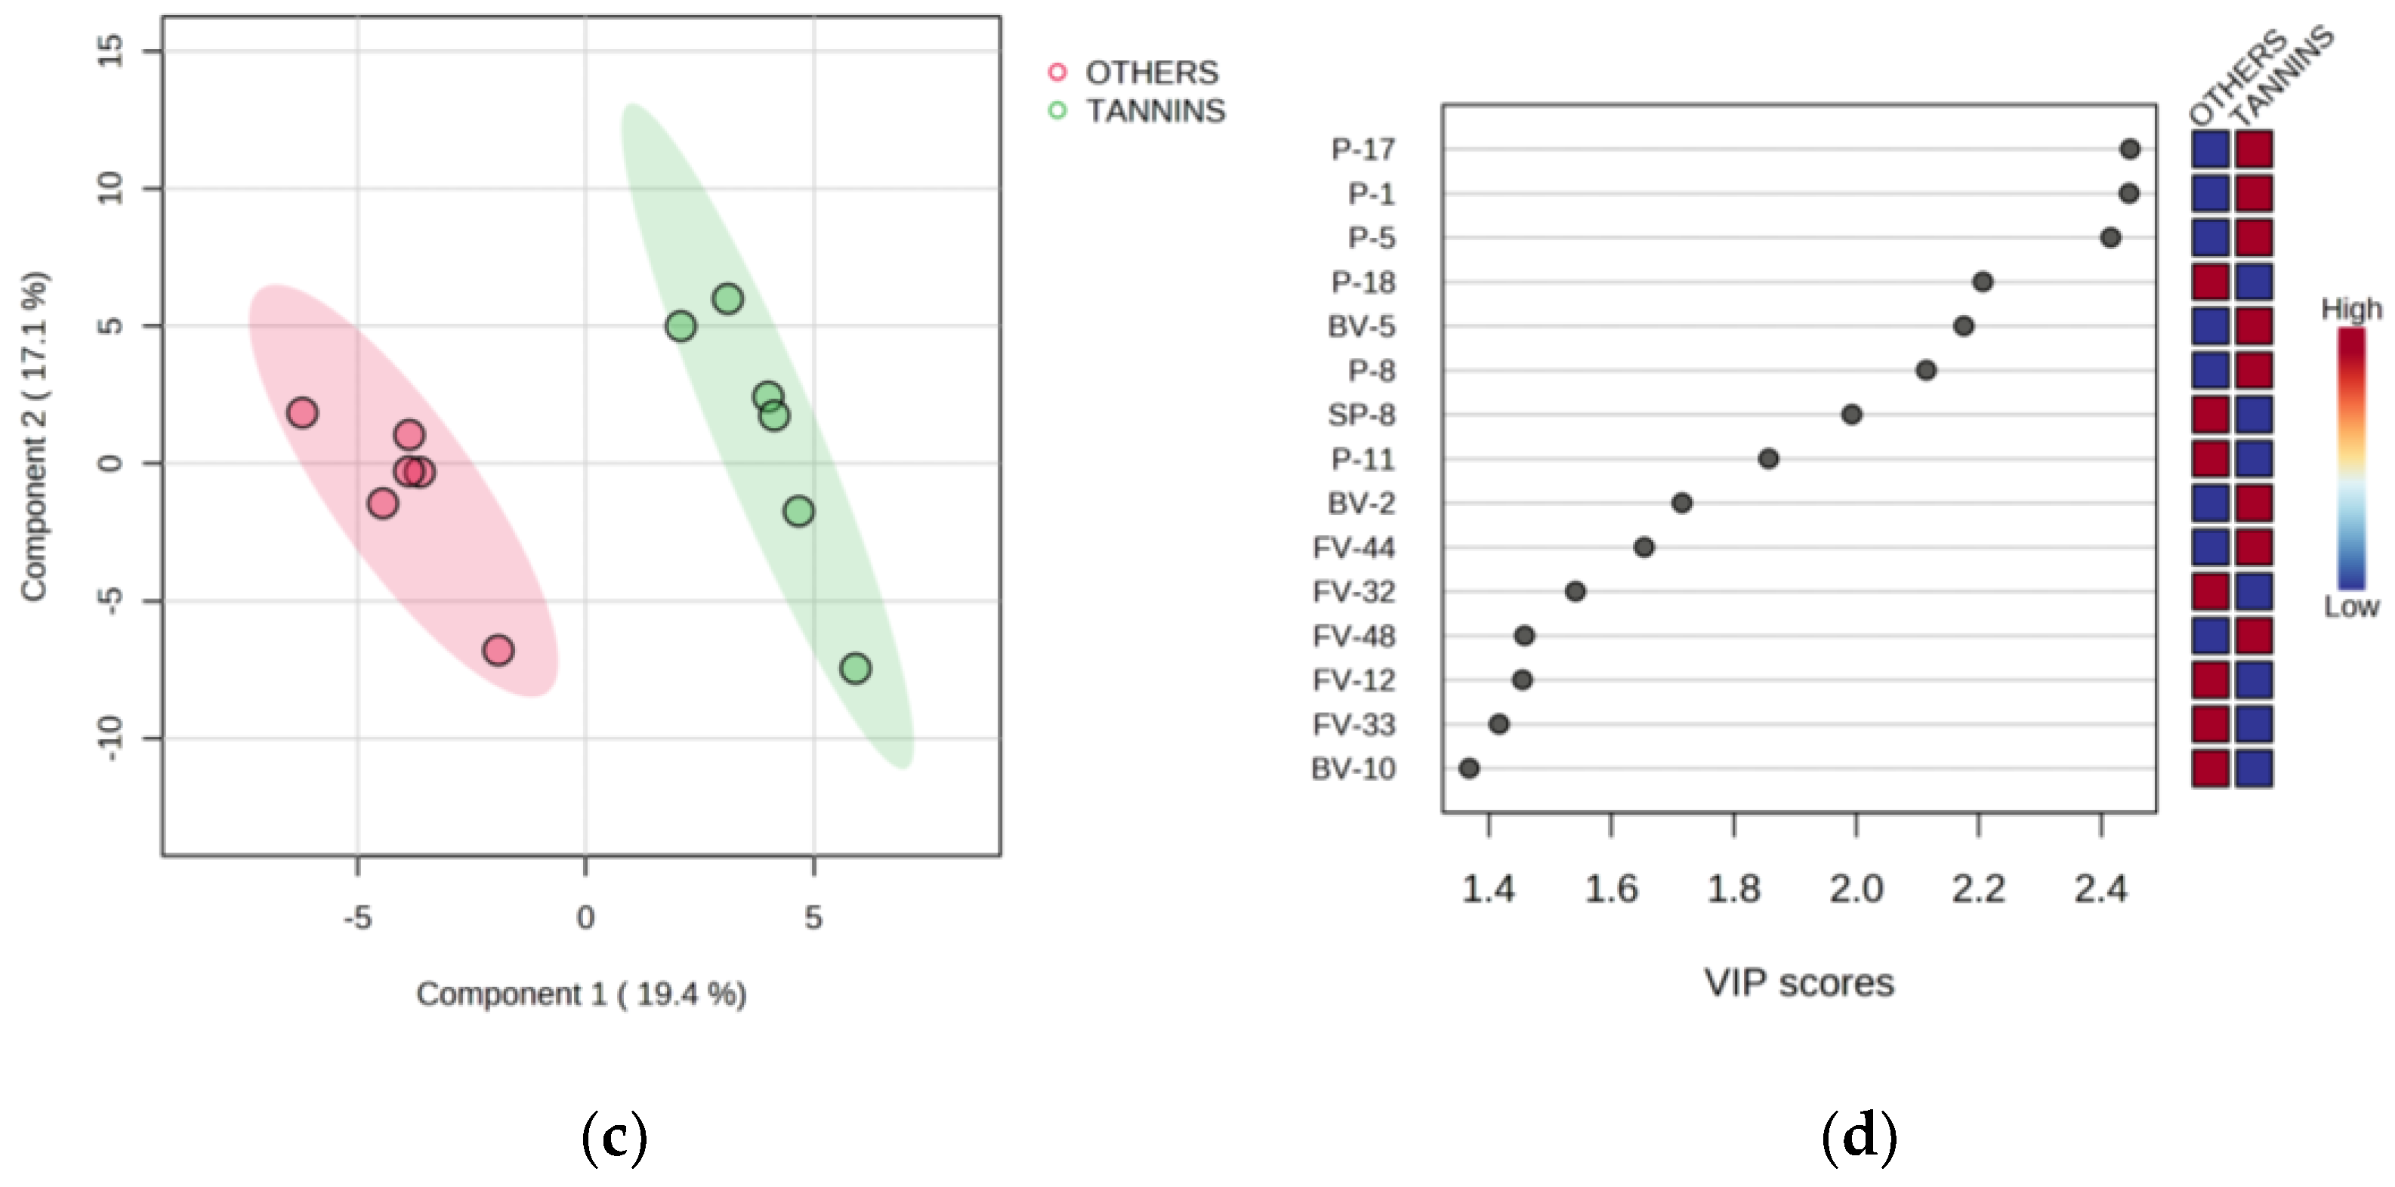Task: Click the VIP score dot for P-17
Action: coord(2130,149)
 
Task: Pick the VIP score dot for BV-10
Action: coord(1469,769)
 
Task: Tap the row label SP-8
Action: coord(1361,415)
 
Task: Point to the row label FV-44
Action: coord(1353,547)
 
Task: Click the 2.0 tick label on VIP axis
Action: coord(1856,889)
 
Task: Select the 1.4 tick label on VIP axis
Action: coord(1489,889)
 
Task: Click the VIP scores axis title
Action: coord(1798,982)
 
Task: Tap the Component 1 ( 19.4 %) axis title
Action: coord(581,994)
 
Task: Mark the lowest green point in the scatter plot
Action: coord(855,668)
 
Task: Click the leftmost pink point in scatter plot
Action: coord(302,413)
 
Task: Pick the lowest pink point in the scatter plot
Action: coord(498,649)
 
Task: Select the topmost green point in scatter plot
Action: coord(728,299)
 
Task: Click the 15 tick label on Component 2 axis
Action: coord(110,51)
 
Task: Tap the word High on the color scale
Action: coord(2351,309)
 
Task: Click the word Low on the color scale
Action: coord(2351,607)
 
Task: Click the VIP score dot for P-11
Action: coord(1768,459)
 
